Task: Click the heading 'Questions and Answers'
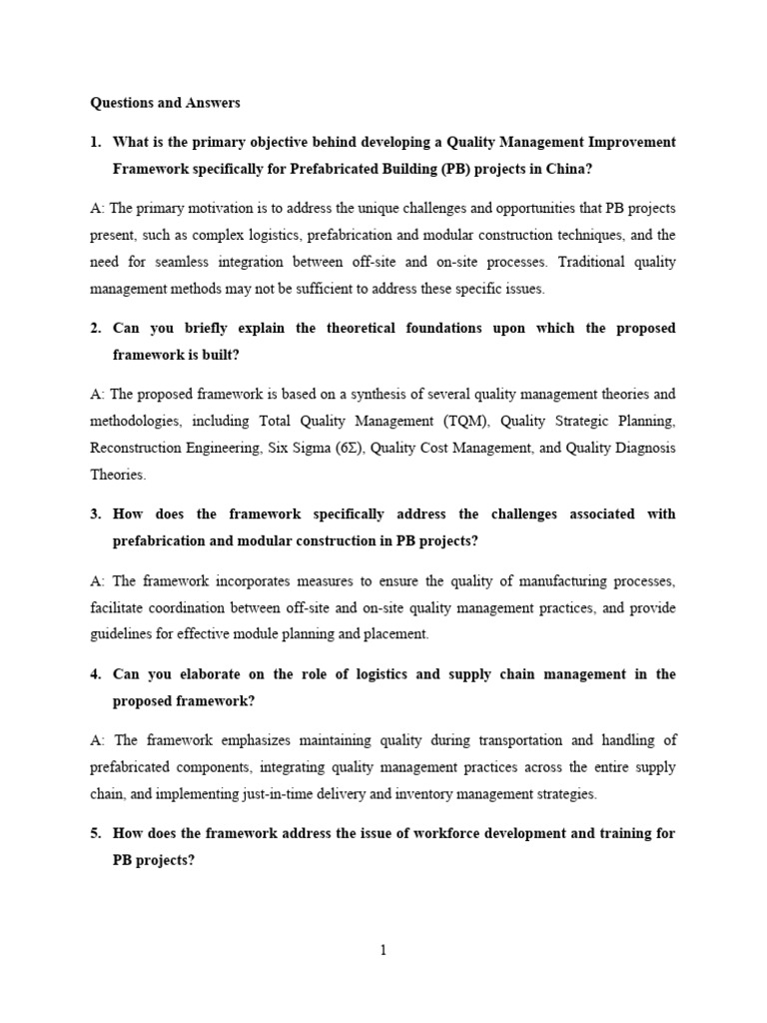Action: coord(165,102)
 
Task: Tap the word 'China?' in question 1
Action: coord(569,169)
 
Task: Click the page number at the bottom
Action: coord(383,950)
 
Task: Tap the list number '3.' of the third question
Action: coord(96,513)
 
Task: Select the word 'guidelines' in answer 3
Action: coord(123,633)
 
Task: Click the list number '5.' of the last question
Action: coord(96,833)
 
